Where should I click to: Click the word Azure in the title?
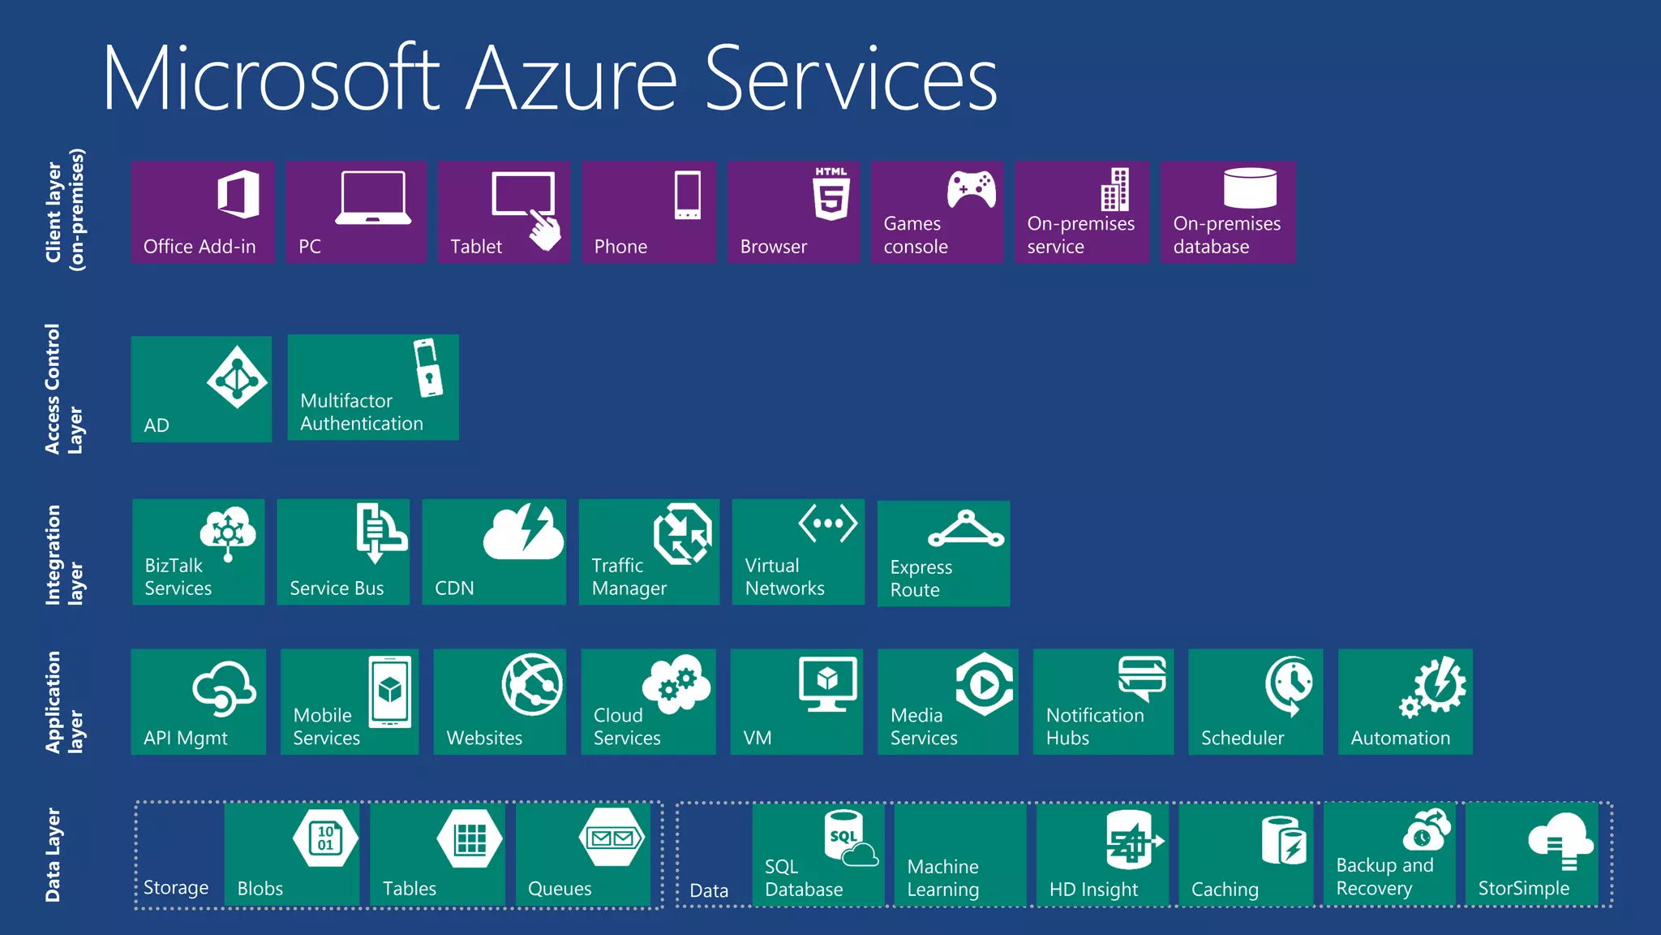click(x=571, y=80)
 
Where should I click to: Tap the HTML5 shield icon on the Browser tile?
click(x=831, y=195)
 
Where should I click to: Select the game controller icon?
click(x=972, y=190)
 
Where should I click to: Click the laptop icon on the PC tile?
click(x=373, y=197)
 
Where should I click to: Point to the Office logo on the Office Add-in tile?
click(x=238, y=195)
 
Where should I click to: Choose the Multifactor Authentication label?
click(x=362, y=412)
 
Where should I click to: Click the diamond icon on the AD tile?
click(x=237, y=377)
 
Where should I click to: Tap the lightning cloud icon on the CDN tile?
click(x=523, y=532)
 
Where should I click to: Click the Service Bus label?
click(x=337, y=588)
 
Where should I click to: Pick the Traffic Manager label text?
click(x=629, y=577)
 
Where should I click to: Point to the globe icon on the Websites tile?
click(x=532, y=684)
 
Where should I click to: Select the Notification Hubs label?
click(x=1095, y=726)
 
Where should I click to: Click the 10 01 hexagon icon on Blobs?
click(x=326, y=838)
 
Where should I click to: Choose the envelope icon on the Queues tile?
click(x=613, y=838)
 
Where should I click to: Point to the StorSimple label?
click(x=1523, y=889)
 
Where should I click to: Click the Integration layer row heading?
click(x=64, y=555)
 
